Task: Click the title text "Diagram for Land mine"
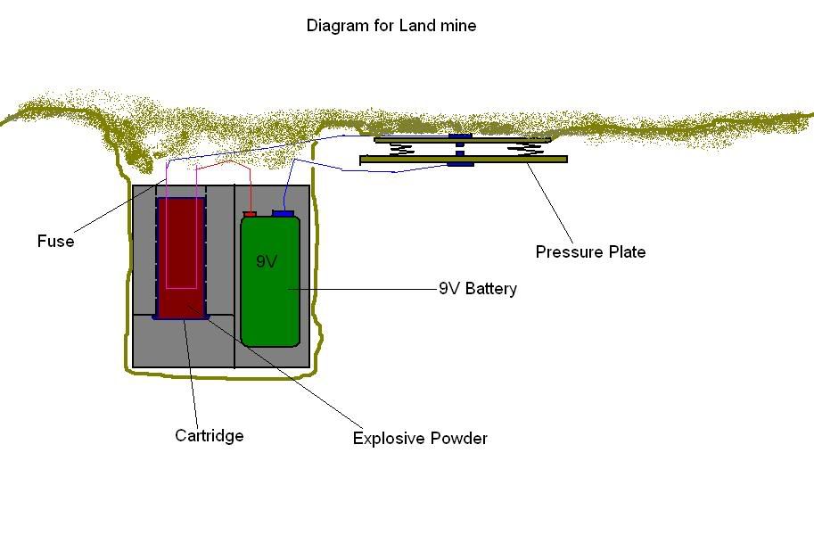[391, 26]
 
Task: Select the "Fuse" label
[55, 242]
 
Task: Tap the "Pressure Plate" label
[590, 252]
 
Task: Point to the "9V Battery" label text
[478, 289]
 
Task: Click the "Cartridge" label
[210, 436]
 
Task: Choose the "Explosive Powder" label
[420, 439]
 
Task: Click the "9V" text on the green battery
[267, 262]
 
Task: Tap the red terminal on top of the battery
[250, 214]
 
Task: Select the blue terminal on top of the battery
[284, 213]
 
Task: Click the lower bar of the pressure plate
[517, 160]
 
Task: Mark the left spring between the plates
[402, 149]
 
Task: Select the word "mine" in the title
[459, 26]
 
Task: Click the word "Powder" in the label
[460, 439]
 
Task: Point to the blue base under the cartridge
[181, 317]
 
